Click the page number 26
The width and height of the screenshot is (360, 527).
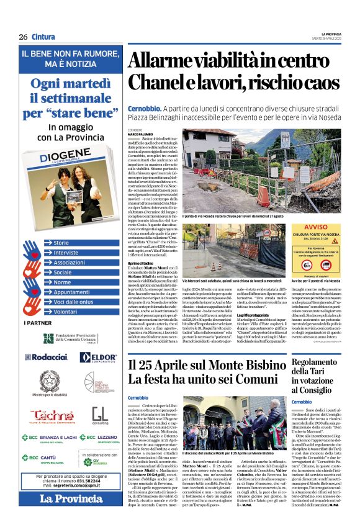(23, 37)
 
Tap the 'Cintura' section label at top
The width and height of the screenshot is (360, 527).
(43, 37)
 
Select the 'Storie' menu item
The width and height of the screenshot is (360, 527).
(61, 243)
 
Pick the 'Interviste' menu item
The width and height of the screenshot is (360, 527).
(66, 253)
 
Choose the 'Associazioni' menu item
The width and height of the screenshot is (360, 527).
(69, 263)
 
